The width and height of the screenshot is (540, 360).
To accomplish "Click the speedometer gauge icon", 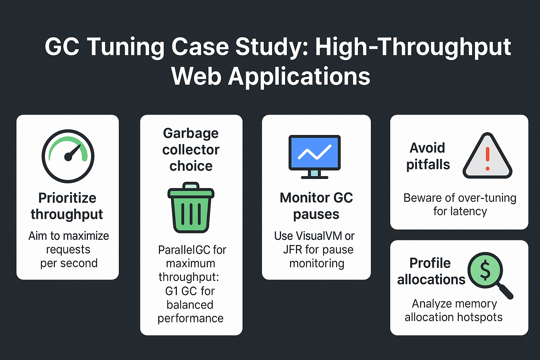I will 68,156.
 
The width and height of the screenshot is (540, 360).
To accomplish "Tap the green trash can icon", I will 191,208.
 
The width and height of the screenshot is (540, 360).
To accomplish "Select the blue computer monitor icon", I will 314,156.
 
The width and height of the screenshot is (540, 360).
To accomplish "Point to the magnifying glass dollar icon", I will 489,274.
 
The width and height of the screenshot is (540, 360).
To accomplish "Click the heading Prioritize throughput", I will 67,206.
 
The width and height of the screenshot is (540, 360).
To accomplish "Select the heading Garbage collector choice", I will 191,149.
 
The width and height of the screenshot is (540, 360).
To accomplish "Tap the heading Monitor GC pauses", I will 316,206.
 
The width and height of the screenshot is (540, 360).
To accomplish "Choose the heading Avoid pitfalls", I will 428,156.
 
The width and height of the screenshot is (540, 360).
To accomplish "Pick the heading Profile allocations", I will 431,271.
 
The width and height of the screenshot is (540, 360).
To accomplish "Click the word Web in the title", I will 196,76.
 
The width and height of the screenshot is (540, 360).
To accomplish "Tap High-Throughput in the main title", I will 413,47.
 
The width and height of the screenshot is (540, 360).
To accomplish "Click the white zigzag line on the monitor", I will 314,152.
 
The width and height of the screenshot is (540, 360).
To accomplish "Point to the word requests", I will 68,250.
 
